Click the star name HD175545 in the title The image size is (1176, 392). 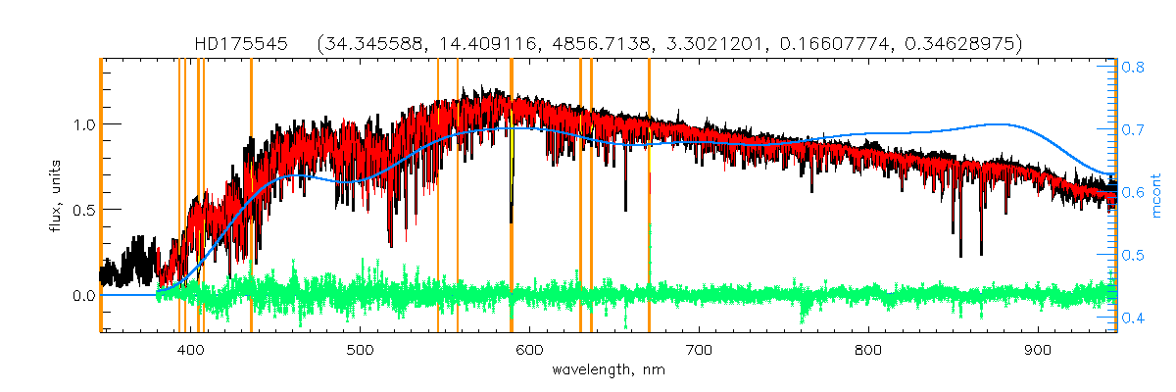(240, 43)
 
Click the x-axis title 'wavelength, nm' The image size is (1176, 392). (609, 371)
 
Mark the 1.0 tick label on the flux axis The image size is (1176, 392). (81, 125)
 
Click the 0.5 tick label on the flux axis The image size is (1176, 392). (81, 211)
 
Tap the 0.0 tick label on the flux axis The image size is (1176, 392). (81, 296)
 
